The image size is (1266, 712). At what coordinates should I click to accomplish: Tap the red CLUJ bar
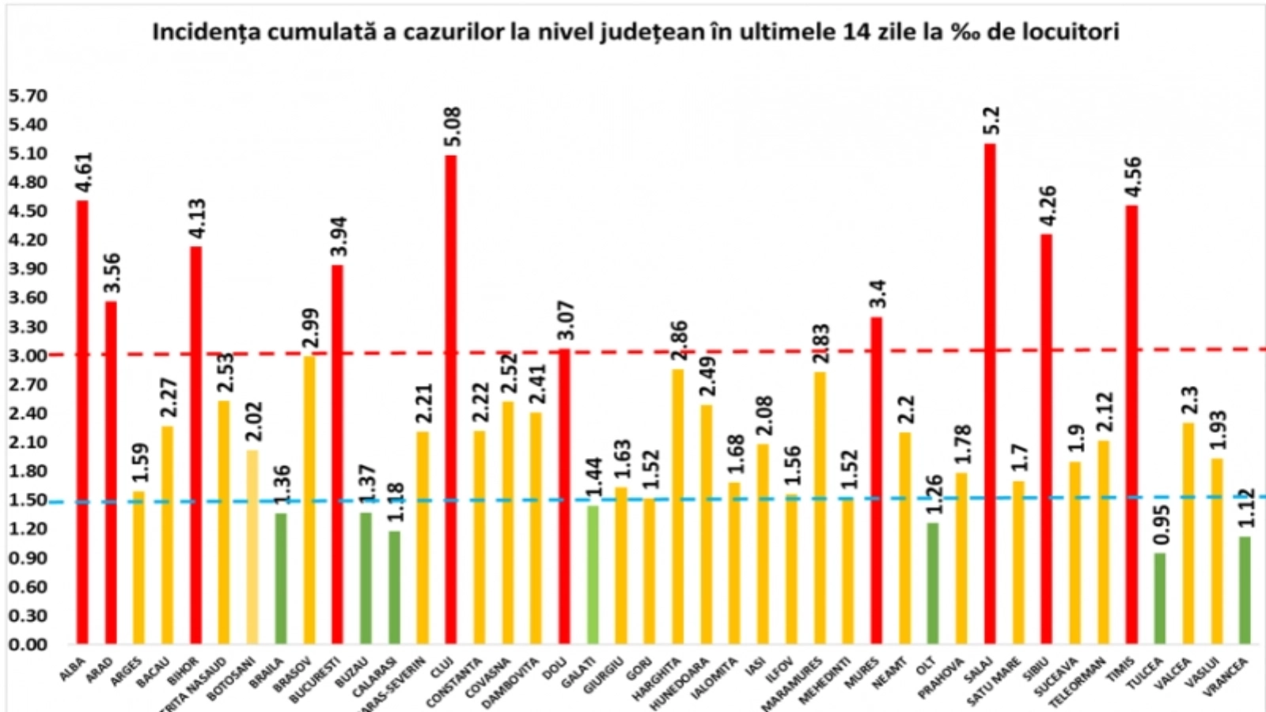[x=451, y=399]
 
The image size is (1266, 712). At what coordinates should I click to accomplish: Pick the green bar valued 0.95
[x=1160, y=598]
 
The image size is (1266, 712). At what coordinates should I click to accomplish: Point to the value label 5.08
[x=453, y=127]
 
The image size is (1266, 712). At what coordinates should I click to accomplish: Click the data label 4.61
[x=84, y=172]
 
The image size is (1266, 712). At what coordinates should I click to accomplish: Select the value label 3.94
[x=339, y=237]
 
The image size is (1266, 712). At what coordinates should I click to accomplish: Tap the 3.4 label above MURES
[x=877, y=294]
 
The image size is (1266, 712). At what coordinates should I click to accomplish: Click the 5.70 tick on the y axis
[x=28, y=96]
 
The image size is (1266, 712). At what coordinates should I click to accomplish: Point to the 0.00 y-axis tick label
[x=28, y=644]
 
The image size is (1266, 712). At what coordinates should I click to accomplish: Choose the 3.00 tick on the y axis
[x=28, y=355]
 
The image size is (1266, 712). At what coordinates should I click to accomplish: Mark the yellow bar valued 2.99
[x=309, y=499]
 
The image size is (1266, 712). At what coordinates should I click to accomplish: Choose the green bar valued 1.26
[x=933, y=583]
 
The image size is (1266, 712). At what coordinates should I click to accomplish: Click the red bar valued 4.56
[x=1131, y=424]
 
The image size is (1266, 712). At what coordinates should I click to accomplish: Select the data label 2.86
[x=679, y=341]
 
